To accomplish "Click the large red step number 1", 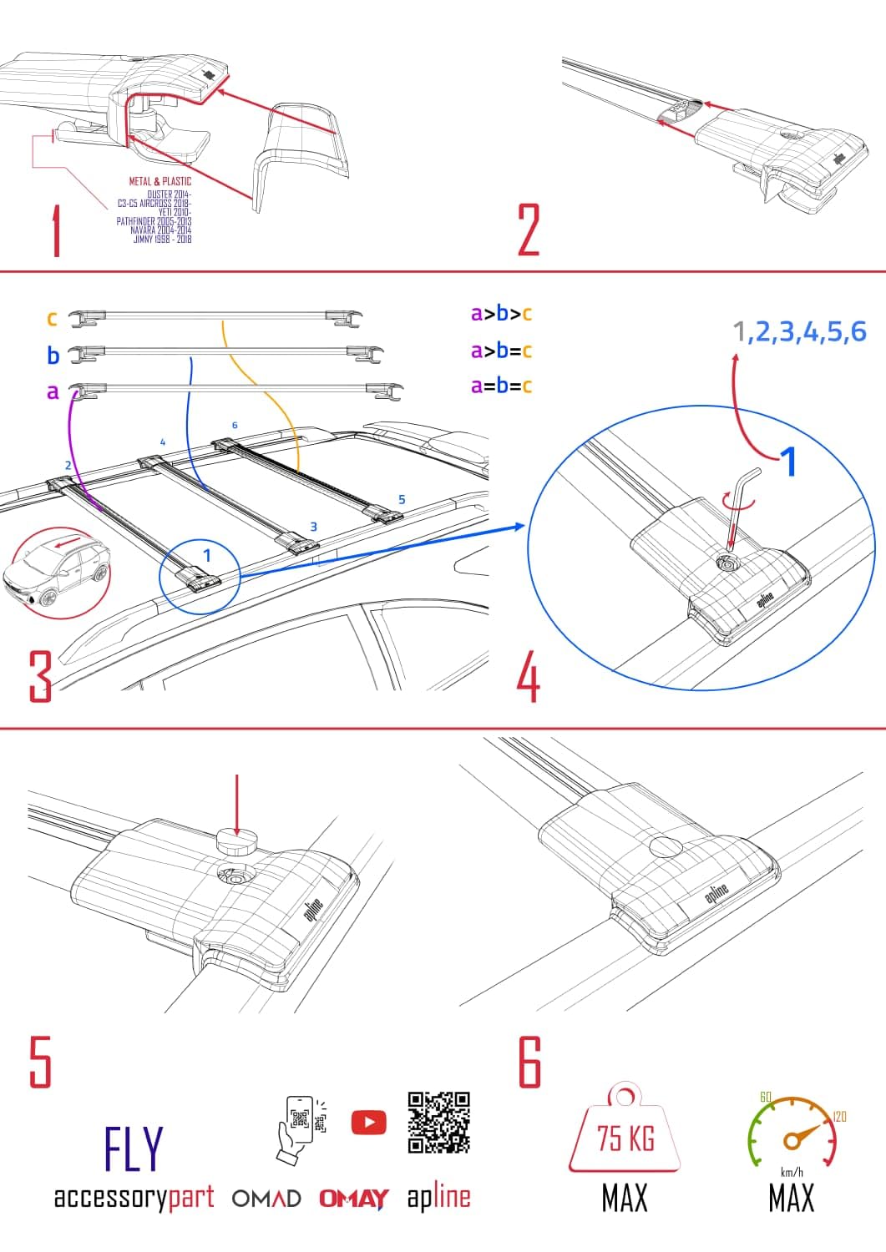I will click(56, 231).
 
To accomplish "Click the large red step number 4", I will click(528, 679).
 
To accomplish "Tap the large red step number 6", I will click(530, 1062).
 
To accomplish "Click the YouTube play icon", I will click(368, 1122).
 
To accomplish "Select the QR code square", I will click(439, 1122).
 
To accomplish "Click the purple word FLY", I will click(134, 1149).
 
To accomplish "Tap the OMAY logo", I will click(353, 1199).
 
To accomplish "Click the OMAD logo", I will click(266, 1199).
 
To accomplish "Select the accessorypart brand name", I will click(134, 1198).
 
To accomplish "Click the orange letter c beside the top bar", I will click(52, 319).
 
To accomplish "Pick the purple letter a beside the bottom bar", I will click(53, 391).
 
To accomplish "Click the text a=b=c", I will click(501, 386).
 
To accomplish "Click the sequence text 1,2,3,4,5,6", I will click(799, 332).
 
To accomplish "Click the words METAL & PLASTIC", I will click(159, 181).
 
